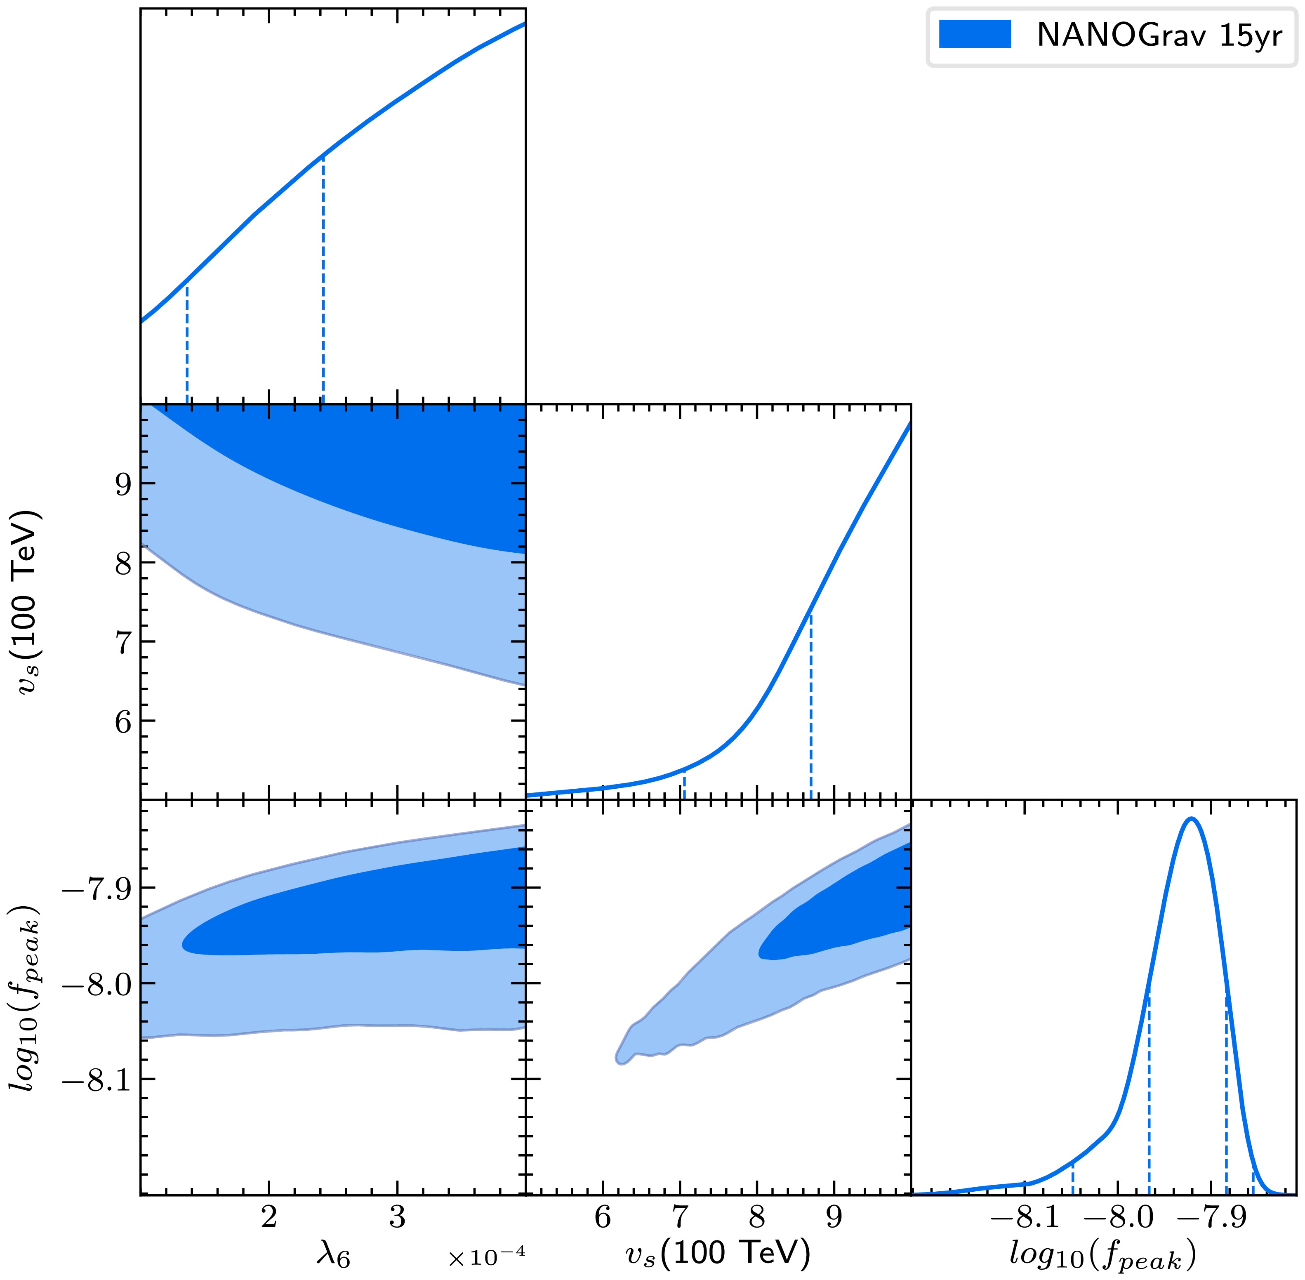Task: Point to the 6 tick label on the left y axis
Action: (123, 721)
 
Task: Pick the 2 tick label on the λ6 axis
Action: (269, 1217)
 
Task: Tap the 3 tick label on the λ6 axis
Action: (397, 1217)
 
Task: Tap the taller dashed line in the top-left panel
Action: (323, 279)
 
